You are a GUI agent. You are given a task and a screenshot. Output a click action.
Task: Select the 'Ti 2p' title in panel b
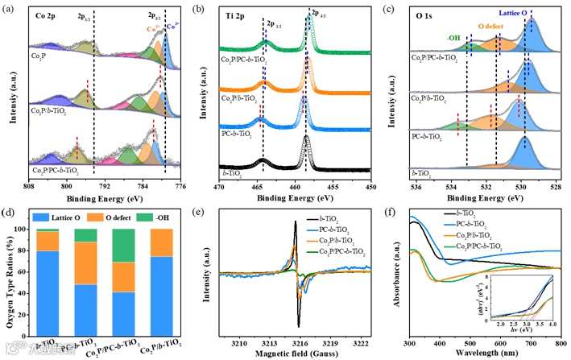(238, 15)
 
